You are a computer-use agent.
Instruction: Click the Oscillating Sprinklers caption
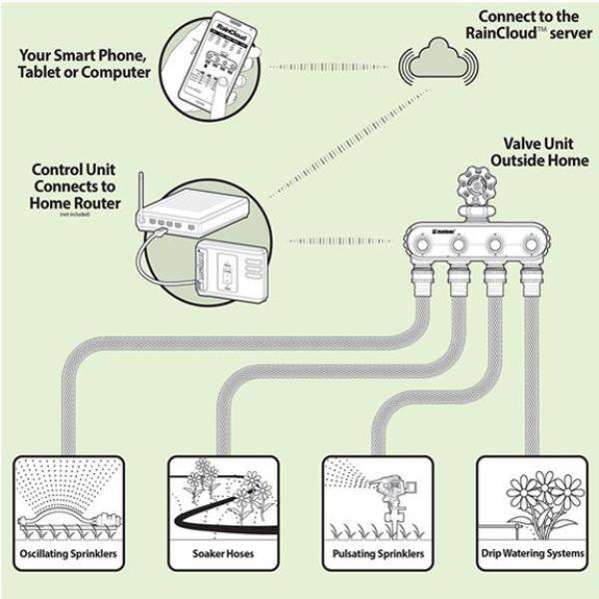click(x=68, y=553)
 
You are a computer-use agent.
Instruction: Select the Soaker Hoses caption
click(x=222, y=553)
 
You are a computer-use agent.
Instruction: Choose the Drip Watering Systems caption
click(x=530, y=553)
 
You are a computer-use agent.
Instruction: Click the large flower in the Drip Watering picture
click(x=530, y=495)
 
